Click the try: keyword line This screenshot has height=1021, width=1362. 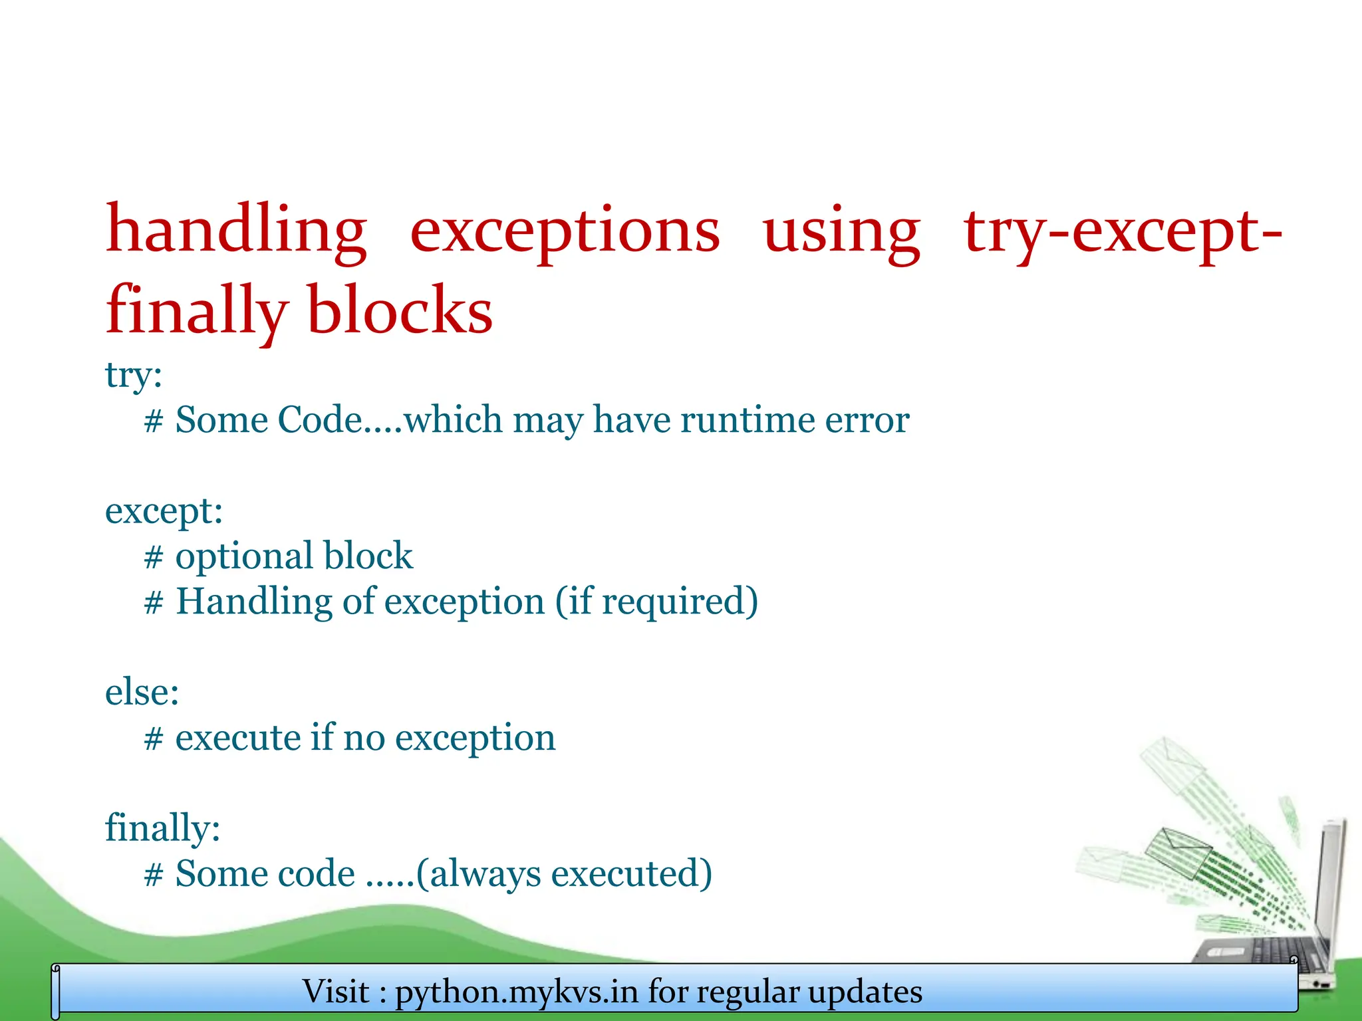click(x=134, y=375)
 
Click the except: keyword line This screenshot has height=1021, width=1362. click(x=164, y=511)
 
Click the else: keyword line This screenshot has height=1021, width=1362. click(x=142, y=693)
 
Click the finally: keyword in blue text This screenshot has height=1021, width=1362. click(x=162, y=828)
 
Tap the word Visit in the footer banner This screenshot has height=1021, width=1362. click(x=335, y=992)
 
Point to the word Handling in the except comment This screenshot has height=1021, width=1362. click(x=253, y=602)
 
